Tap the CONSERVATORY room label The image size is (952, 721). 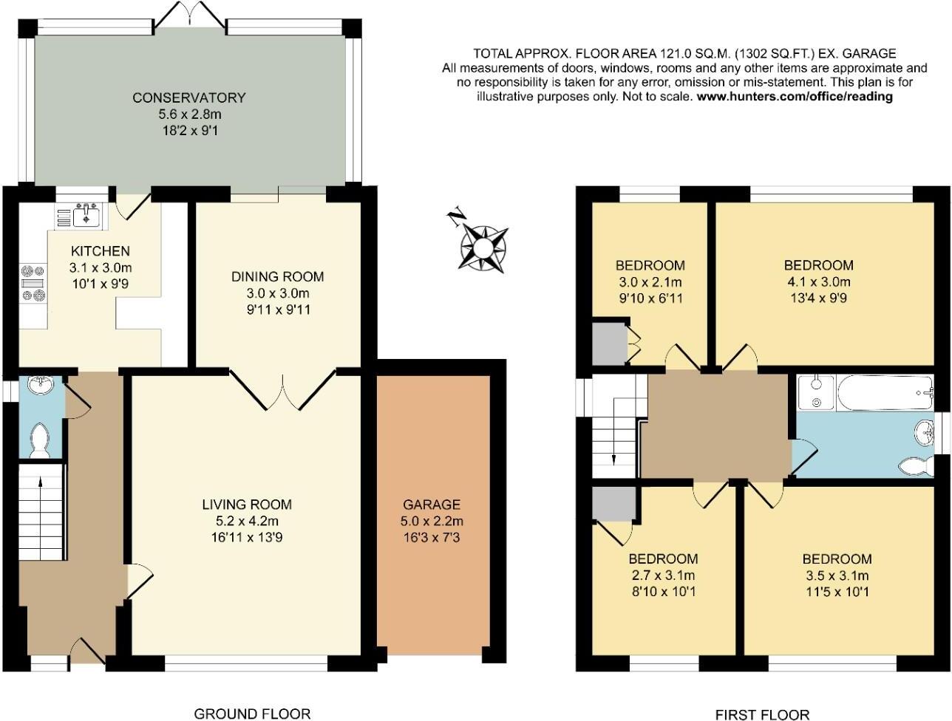[x=188, y=98]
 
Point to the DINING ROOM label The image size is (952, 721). [x=277, y=277]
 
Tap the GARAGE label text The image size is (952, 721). [x=431, y=505]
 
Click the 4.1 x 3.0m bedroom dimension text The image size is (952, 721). [x=818, y=281]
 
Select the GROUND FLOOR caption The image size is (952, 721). [x=251, y=713]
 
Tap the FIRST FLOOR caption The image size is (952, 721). [x=762, y=714]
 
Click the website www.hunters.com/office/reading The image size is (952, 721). [x=795, y=96]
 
